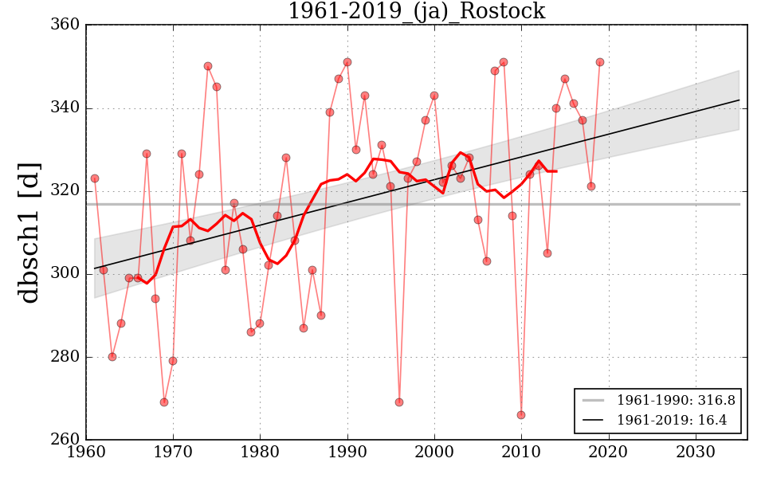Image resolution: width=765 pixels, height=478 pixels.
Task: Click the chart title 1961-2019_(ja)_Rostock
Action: tap(416, 11)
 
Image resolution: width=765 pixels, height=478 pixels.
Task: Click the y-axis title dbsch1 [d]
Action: tap(29, 233)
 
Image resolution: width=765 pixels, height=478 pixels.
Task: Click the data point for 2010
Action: tap(521, 415)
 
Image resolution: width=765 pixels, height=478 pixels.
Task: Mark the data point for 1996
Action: tap(399, 402)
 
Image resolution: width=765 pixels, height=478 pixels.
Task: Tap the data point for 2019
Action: tap(600, 62)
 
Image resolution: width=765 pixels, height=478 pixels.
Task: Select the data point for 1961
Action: tap(95, 178)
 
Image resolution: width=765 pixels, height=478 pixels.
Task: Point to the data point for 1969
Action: tap(164, 402)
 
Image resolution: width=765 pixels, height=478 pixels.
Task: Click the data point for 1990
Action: tap(347, 62)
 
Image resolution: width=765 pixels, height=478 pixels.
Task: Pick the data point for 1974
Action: tap(208, 66)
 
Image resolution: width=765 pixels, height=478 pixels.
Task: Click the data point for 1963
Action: tap(112, 357)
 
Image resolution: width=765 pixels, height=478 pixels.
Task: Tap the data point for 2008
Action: tap(504, 62)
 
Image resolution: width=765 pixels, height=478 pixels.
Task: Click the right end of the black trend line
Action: tap(739, 100)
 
